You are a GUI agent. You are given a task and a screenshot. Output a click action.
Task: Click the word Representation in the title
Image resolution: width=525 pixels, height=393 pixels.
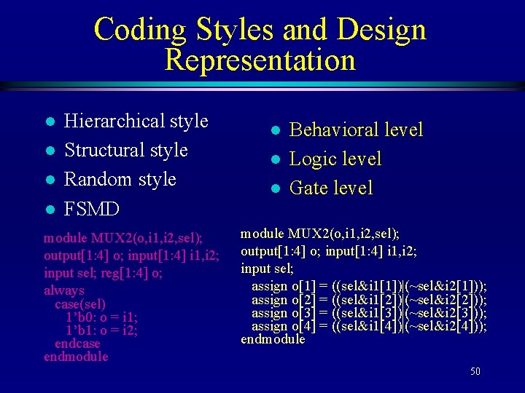(260, 60)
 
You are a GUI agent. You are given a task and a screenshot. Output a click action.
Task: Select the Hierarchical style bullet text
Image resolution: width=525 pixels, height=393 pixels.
(136, 121)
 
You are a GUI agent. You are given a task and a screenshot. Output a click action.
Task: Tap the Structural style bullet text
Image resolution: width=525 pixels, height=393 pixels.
(126, 150)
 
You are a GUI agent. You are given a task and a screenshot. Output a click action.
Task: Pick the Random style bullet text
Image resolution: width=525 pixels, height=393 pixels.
(120, 179)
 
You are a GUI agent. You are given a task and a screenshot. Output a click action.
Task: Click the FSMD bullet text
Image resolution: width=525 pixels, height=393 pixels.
(92, 210)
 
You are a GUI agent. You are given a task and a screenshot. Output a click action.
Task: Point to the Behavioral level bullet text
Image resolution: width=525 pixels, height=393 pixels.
(356, 130)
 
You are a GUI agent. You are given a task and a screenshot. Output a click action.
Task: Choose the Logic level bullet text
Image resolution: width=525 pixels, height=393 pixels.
(335, 159)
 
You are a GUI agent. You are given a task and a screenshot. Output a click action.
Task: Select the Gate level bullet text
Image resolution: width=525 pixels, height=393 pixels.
(331, 188)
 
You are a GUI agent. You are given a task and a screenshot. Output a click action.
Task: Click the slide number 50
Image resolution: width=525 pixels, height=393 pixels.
(475, 372)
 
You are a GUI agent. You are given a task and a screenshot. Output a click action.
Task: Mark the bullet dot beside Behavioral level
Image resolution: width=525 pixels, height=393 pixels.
(274, 131)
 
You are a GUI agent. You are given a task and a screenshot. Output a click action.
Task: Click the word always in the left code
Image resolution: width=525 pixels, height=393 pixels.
(63, 290)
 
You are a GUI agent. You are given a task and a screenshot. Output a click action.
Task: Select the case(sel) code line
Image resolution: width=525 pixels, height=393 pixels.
(80, 303)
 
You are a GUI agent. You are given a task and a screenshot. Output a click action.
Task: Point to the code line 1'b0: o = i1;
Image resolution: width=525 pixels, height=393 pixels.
(101, 317)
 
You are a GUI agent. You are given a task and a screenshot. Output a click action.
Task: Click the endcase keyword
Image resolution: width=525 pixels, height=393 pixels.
(77, 344)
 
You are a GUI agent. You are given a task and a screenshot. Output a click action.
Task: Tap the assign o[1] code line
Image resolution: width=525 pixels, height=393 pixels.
(369, 286)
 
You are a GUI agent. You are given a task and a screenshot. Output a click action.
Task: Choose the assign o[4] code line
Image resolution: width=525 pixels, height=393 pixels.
(369, 326)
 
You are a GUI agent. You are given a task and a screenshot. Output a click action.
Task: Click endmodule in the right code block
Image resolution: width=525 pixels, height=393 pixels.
(273, 339)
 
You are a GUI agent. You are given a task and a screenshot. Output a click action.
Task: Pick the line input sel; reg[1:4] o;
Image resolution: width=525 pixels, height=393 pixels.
(103, 273)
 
